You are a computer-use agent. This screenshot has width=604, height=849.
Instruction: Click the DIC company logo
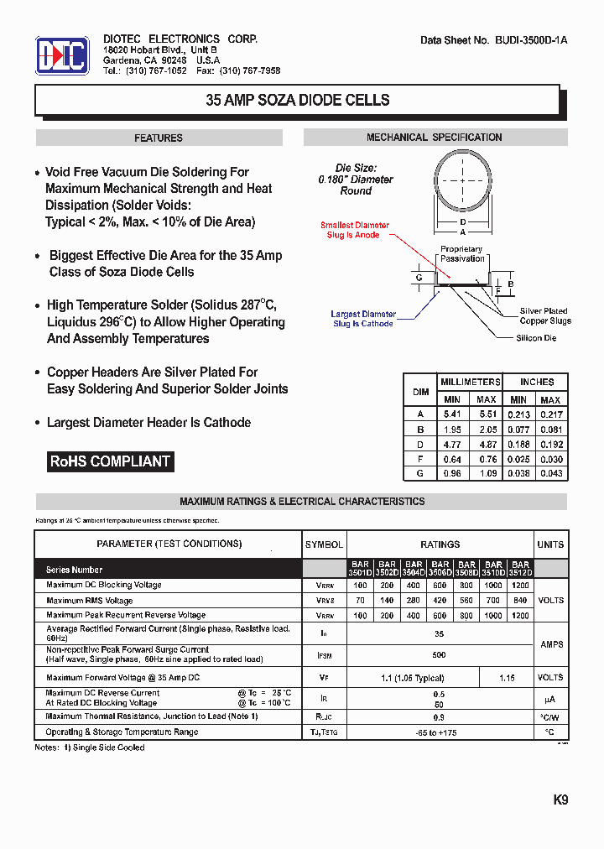pos(62,56)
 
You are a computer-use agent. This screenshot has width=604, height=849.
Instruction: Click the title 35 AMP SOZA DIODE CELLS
pos(298,100)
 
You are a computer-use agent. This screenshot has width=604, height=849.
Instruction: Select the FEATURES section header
pos(159,138)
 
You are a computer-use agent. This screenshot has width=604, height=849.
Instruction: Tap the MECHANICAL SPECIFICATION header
pos(434,138)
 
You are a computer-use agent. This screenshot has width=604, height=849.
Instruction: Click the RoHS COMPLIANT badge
pos(110,461)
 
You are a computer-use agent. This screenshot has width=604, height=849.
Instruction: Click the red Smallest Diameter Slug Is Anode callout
pos(354,230)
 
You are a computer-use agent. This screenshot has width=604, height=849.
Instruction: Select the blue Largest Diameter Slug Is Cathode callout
pos(362,319)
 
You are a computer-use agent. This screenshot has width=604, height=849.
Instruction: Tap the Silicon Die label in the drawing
pos(536,338)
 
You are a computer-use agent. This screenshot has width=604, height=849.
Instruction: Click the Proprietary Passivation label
pos(461,253)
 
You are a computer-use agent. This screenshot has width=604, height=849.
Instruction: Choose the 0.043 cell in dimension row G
pos(550,474)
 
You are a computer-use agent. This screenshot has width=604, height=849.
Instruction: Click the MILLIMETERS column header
pos(471,382)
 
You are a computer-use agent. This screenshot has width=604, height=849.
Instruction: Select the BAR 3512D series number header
pos(520,568)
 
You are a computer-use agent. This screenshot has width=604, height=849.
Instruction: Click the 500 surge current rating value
pos(439,654)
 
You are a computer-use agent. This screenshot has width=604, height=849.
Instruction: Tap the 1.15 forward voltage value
pos(506,677)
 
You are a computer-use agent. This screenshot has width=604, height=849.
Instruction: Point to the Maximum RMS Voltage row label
pos(90,601)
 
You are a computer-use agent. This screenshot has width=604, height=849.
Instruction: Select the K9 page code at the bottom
pos(560,800)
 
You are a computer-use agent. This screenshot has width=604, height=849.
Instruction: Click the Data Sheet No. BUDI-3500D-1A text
pos(493,40)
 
